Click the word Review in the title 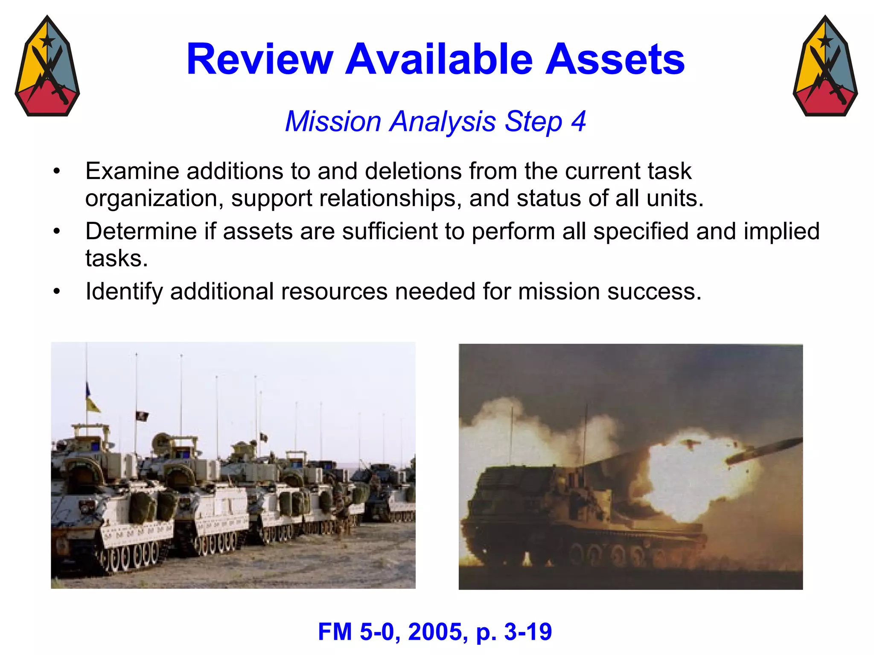(259, 59)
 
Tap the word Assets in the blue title (615, 59)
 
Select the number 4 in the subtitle (578, 122)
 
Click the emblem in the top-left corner (47, 66)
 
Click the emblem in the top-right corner (825, 66)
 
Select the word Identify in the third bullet (124, 292)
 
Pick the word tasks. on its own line (117, 258)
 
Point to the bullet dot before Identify (57, 292)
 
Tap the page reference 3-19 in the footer (528, 632)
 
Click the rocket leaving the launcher (764, 451)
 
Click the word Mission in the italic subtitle (333, 122)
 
